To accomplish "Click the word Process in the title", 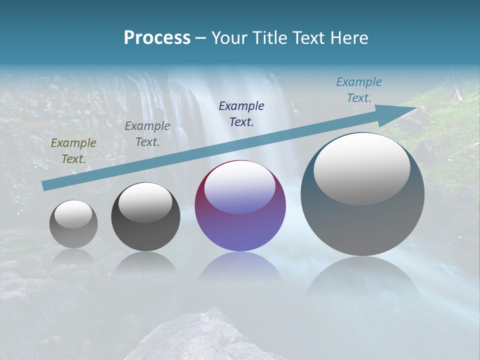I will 157,38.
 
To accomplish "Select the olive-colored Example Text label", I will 73,151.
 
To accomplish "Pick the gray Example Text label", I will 147,134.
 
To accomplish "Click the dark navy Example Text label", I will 241,114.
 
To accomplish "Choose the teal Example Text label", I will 359,90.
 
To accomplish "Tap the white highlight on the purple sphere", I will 239,188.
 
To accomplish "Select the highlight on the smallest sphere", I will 73,214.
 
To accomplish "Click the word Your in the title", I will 229,38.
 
